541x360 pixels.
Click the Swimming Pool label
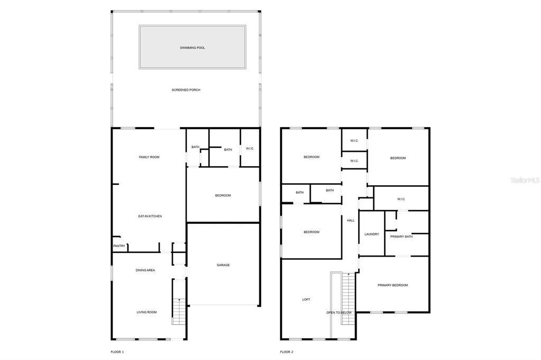point(192,48)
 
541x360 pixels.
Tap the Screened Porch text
point(186,90)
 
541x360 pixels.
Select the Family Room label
point(149,157)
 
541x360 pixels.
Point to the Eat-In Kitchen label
point(150,216)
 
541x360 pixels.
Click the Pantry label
point(119,246)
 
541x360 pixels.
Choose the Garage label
point(223,265)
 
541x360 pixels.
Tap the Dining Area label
point(145,270)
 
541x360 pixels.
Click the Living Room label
point(147,312)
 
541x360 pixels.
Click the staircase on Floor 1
point(179,311)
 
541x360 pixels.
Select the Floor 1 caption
point(117,352)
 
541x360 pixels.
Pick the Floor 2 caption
point(286,352)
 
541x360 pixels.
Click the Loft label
point(306,299)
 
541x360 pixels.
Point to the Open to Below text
point(339,312)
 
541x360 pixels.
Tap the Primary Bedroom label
point(393,285)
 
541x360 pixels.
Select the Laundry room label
point(371,234)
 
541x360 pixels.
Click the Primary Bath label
point(402,236)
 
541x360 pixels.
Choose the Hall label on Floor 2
point(351,220)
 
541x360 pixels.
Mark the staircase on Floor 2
point(348,299)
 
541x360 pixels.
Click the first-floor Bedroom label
point(223,195)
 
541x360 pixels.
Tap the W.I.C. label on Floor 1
point(250,148)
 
